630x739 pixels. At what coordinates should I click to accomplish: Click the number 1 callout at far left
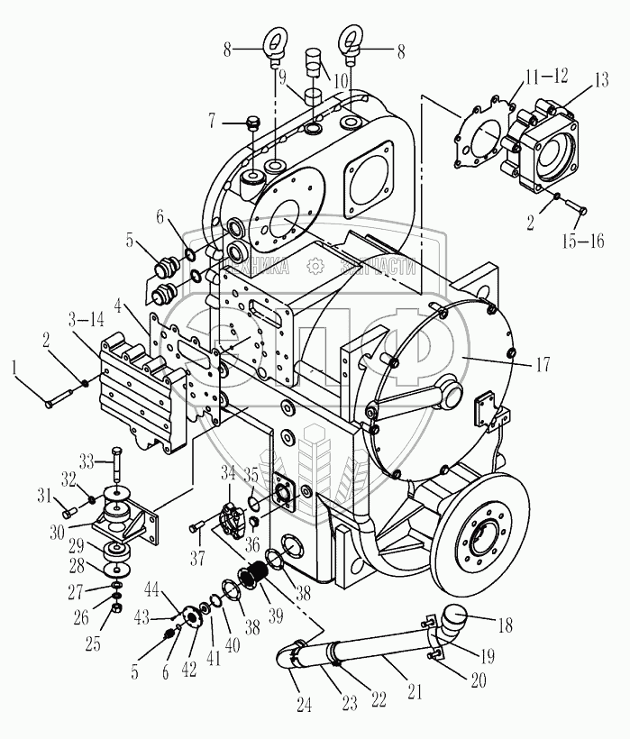point(13,365)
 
